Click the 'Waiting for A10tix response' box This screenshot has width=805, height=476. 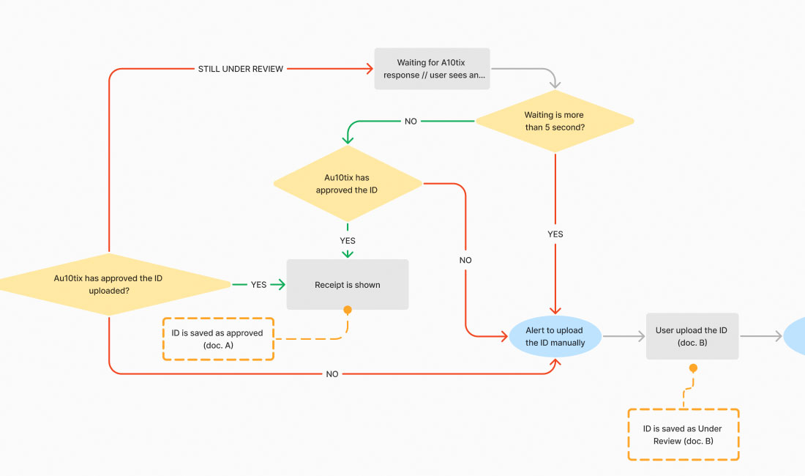click(432, 69)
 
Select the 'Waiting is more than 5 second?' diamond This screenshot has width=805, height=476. click(554, 121)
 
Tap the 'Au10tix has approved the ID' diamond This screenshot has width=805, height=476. click(348, 184)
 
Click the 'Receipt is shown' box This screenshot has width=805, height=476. click(348, 284)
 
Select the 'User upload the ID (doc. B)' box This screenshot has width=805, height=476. click(692, 336)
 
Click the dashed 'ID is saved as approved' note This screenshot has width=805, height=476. click(218, 339)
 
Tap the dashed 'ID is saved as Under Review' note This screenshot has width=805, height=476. click(683, 434)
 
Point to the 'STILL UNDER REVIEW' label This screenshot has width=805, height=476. click(241, 69)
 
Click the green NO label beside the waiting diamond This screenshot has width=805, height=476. click(411, 121)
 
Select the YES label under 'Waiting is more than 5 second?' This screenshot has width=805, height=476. click(555, 234)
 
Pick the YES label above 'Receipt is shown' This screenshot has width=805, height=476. click(348, 240)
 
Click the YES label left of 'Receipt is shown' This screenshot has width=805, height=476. click(259, 284)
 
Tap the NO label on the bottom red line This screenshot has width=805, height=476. click(332, 374)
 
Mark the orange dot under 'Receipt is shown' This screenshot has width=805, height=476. click(348, 310)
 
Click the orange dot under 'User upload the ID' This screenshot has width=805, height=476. click(692, 368)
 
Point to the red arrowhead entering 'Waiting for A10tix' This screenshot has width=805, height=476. click(369, 69)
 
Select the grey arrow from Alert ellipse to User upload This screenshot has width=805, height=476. click(624, 336)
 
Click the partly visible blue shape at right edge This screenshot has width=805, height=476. click(795, 336)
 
